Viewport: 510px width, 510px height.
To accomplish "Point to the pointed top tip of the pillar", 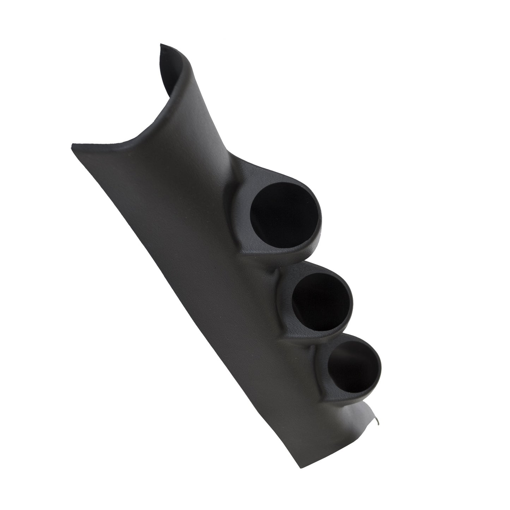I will tap(161, 45).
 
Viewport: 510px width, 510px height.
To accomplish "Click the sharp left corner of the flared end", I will tap(72, 144).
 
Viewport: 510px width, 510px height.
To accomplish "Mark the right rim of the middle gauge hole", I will tap(352, 303).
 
